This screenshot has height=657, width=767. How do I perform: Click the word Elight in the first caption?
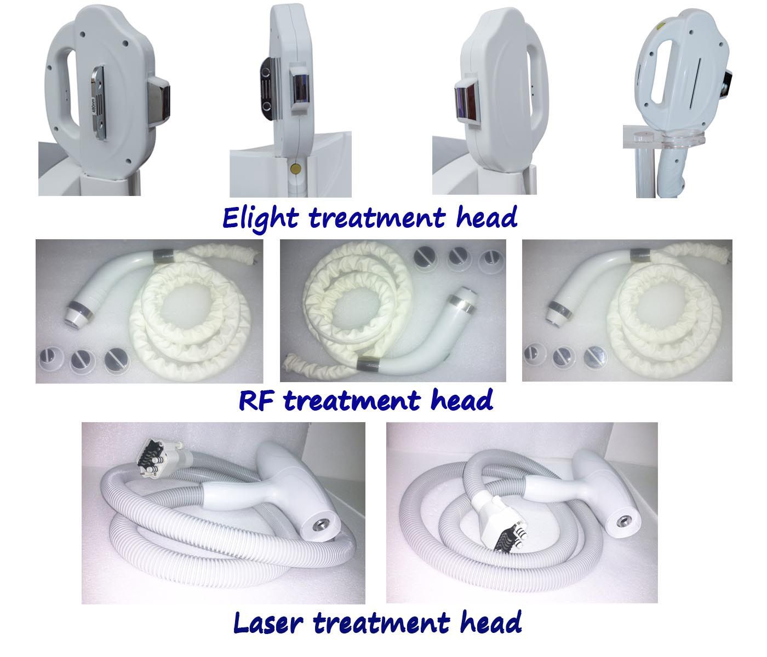click(x=260, y=219)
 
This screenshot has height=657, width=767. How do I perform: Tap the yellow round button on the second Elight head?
click(x=296, y=169)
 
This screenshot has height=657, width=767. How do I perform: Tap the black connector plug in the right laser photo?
click(x=508, y=539)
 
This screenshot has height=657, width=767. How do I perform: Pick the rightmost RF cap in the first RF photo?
click(x=116, y=360)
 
